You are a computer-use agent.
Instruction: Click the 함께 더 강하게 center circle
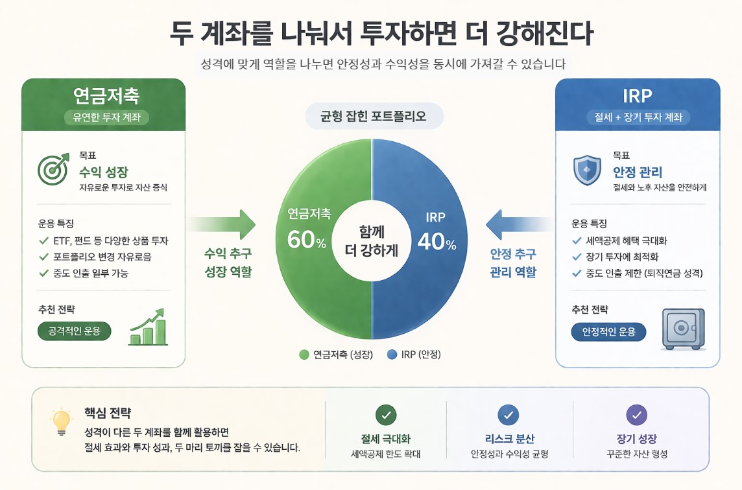[371, 240]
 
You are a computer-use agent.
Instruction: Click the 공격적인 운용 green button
[75, 331]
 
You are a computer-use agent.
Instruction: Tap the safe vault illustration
[682, 329]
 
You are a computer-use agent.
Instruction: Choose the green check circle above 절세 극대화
[386, 415]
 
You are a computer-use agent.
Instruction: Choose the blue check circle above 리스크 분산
[509, 415]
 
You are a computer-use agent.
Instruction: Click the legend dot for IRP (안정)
[392, 355]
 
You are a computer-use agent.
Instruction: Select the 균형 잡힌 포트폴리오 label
[374, 117]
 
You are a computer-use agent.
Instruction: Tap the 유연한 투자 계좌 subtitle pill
[107, 117]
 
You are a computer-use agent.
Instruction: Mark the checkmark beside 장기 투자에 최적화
[577, 257]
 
